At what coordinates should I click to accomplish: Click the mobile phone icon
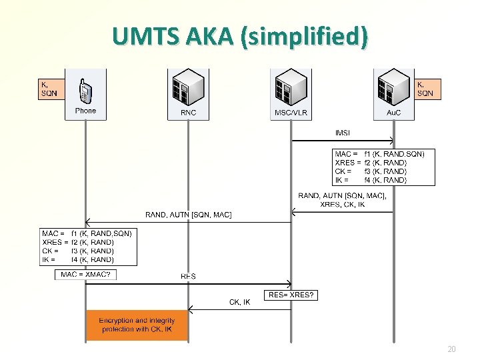click(85, 91)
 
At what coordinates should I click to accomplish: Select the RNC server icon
click(188, 87)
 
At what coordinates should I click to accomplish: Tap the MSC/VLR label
click(291, 113)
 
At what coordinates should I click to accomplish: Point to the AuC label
click(394, 113)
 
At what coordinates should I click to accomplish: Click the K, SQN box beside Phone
click(51, 89)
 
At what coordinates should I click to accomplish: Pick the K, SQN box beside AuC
click(427, 89)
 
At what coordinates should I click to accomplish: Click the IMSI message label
click(343, 133)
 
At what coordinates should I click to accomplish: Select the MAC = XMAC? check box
click(85, 275)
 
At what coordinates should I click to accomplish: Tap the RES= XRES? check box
click(291, 295)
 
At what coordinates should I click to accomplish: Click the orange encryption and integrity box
click(137, 325)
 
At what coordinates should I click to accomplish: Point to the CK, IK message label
click(240, 302)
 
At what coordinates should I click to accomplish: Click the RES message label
click(188, 276)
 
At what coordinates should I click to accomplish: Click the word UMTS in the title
click(146, 36)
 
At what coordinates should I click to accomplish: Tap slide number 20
click(451, 349)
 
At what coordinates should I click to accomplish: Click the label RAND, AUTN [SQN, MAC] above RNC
click(188, 215)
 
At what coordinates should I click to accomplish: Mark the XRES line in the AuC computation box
click(371, 163)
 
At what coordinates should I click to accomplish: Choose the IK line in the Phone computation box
click(78, 260)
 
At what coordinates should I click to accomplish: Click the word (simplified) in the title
click(304, 37)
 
